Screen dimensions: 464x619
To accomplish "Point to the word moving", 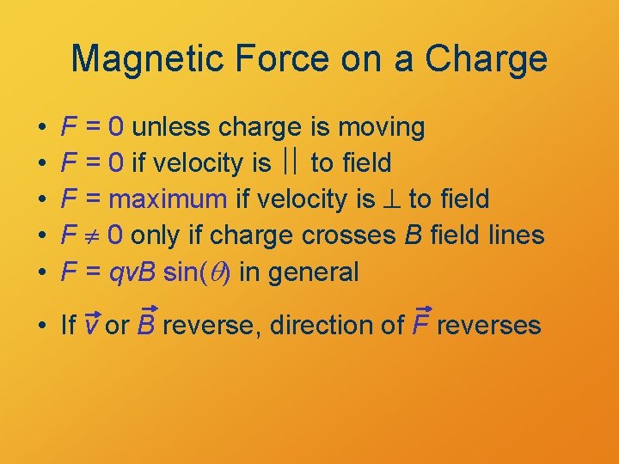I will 381,127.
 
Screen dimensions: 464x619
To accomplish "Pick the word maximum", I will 169,199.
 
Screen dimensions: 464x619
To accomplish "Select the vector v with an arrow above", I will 93,325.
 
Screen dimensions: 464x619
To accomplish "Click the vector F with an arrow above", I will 422,324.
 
